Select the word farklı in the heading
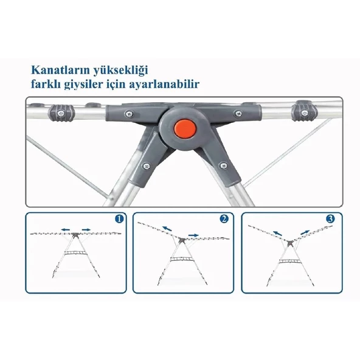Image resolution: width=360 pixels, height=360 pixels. (x=45, y=84)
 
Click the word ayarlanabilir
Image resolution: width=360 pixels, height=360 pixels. (x=164, y=85)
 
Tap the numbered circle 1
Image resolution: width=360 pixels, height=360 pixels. (x=119, y=218)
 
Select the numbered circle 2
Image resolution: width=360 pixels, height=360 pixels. (x=224, y=219)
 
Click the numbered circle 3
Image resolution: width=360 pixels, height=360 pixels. (x=330, y=219)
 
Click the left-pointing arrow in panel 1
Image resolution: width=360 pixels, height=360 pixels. (x=66, y=229)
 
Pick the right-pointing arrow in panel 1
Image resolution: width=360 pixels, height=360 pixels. (x=86, y=229)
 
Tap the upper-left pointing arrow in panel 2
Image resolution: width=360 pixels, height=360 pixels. (x=167, y=229)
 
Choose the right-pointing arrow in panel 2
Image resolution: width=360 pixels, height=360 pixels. (x=193, y=235)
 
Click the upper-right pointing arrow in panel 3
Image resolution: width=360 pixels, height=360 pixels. (x=305, y=232)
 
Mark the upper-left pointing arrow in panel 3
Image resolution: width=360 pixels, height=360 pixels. (x=277, y=233)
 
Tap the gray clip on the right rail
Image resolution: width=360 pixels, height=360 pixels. (x=305, y=111)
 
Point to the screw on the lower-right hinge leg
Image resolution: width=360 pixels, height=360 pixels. (x=223, y=165)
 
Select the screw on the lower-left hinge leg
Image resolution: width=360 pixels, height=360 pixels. (x=146, y=165)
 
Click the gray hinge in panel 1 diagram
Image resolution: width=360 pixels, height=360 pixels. (x=75, y=235)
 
